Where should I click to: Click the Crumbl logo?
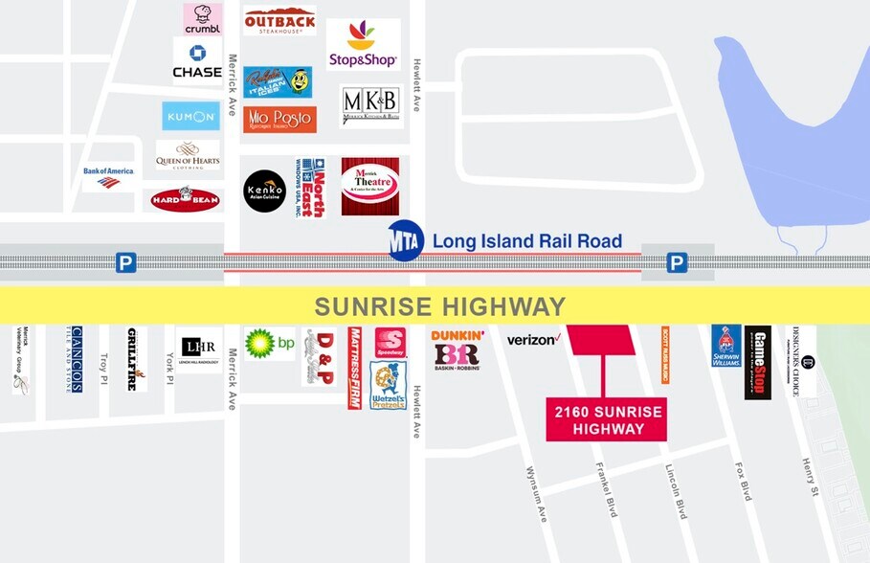(203, 18)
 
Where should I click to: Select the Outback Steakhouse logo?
(279, 21)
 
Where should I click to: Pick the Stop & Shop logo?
(363, 45)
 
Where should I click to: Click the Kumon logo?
(190, 117)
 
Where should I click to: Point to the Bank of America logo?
(108, 176)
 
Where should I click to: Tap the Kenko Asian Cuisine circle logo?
(265, 191)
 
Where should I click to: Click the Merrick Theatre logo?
(369, 186)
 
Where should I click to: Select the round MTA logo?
(405, 241)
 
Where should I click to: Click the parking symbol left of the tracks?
(126, 262)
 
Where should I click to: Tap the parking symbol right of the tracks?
(677, 262)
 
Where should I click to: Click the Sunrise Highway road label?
(440, 306)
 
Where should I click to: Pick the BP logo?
(270, 344)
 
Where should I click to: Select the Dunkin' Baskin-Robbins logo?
(457, 349)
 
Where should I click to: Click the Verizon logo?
(532, 339)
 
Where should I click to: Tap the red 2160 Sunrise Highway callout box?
(606, 420)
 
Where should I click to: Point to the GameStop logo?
(758, 362)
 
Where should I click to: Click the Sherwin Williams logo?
(725, 347)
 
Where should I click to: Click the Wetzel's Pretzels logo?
(389, 385)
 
